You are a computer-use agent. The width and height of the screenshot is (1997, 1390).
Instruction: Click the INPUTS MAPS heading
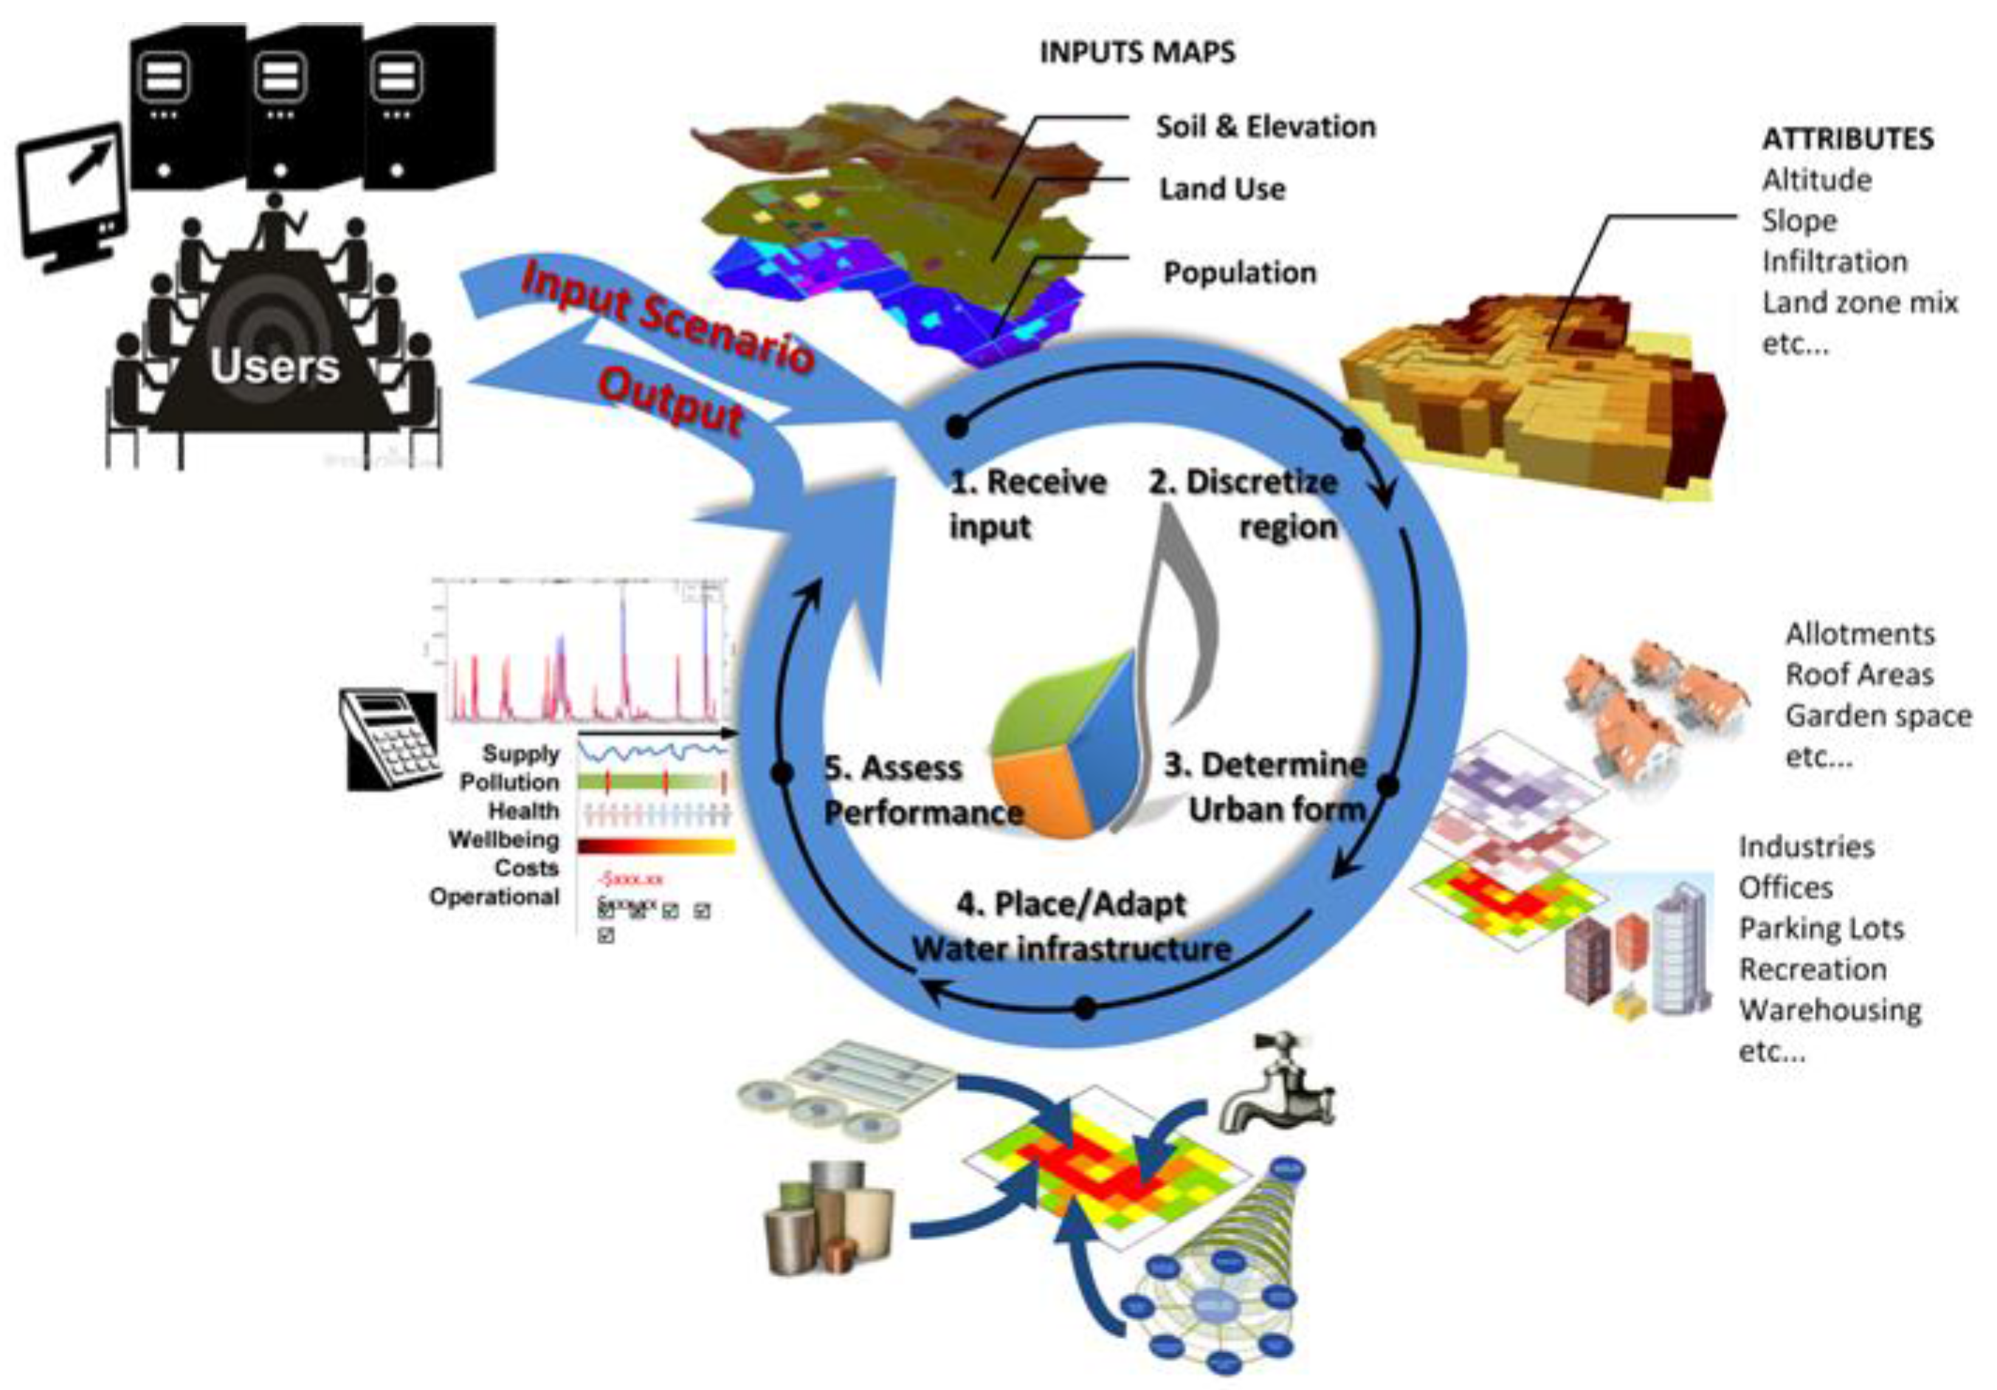[1137, 53]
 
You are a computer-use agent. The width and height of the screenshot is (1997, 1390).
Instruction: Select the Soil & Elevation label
[1266, 127]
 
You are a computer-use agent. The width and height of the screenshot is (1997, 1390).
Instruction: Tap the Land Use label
[1222, 190]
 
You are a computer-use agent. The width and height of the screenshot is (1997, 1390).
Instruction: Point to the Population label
[1239, 273]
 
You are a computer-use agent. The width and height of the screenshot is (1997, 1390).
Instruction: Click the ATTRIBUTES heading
[1847, 140]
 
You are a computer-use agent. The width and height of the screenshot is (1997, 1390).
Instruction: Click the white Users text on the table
[274, 366]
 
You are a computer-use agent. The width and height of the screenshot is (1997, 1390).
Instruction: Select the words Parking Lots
[1821, 929]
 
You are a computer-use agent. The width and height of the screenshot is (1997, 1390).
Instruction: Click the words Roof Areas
[1859, 675]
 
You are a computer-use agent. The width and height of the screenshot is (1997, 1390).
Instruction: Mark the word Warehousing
[1830, 1011]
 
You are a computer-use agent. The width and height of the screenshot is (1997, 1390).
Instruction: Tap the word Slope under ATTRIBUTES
[1798, 221]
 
